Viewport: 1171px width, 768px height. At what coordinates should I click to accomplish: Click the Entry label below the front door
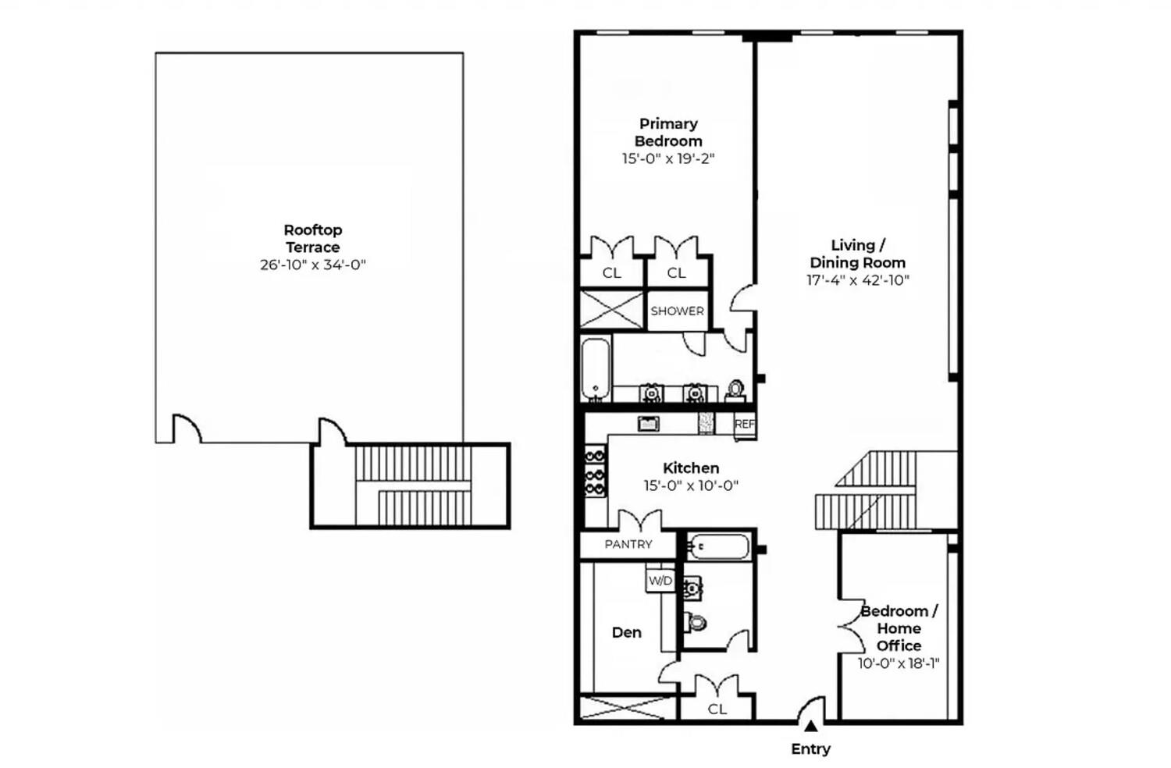[810, 749]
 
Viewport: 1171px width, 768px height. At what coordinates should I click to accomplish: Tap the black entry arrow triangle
[811, 727]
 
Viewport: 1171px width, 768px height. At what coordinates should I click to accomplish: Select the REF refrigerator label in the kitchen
[744, 425]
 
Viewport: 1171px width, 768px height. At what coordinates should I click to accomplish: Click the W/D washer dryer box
[660, 581]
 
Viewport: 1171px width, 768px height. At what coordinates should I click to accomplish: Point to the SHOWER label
[677, 311]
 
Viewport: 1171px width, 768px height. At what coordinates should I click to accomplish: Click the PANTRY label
[628, 544]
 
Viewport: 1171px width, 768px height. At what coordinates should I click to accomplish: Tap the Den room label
[626, 632]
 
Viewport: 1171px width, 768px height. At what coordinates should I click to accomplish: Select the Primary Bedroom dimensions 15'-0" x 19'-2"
[668, 158]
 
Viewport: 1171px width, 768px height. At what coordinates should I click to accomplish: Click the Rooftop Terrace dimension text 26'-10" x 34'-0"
[312, 265]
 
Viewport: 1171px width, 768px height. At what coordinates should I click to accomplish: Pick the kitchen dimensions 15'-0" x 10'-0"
[691, 485]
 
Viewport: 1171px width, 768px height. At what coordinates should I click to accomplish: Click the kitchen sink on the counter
[648, 424]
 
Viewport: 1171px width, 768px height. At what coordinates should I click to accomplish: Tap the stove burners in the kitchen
[596, 472]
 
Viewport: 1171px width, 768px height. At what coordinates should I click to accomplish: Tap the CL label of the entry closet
[717, 709]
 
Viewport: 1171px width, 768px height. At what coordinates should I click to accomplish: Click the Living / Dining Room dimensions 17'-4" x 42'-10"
[858, 280]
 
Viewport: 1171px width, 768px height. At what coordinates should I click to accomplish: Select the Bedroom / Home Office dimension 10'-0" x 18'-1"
[898, 663]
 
